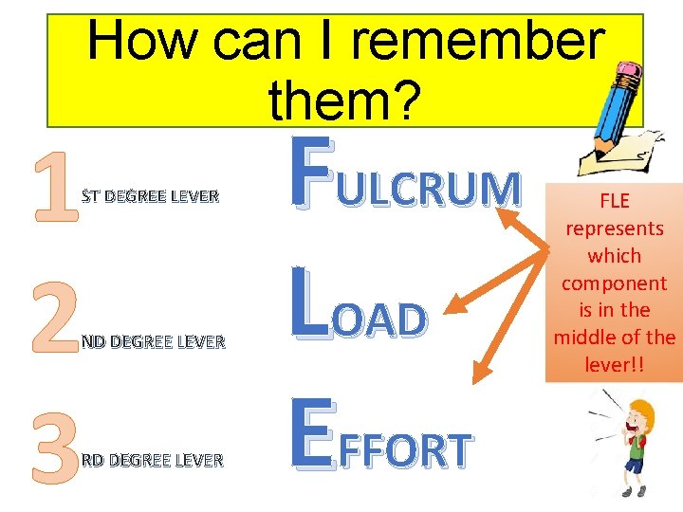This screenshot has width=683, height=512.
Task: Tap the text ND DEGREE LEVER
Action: click(x=152, y=341)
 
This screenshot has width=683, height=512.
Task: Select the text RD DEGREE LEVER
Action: click(x=152, y=461)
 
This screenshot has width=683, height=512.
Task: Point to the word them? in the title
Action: click(x=341, y=101)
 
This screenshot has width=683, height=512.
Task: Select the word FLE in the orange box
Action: click(x=614, y=201)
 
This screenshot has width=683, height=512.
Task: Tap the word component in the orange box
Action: click(x=614, y=283)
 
